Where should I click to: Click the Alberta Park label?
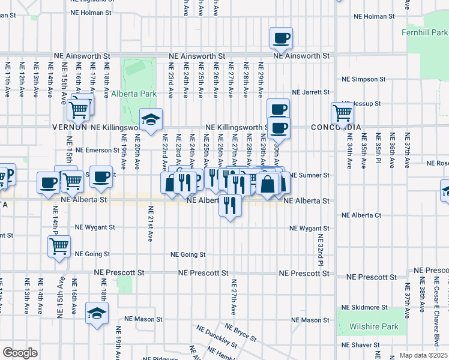pyautogui.click(x=134, y=94)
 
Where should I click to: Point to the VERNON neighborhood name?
pyautogui.click(x=70, y=128)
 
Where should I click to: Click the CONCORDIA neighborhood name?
pyautogui.click(x=336, y=128)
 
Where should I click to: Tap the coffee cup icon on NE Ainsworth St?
pyautogui.click(x=281, y=39)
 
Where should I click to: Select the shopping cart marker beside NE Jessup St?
pyautogui.click(x=342, y=112)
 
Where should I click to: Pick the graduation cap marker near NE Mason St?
pyautogui.click(x=97, y=313)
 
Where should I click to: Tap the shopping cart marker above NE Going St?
pyautogui.click(x=59, y=245)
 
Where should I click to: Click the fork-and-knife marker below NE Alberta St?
pyautogui.click(x=229, y=205)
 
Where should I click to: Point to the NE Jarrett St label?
pyautogui.click(x=311, y=92)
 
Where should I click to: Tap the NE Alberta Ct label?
pyautogui.click(x=361, y=215)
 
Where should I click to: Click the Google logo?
pyautogui.click(x=20, y=352)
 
